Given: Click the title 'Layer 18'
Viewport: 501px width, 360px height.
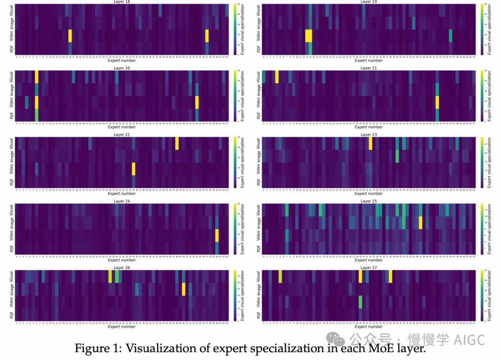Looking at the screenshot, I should tap(122, 2).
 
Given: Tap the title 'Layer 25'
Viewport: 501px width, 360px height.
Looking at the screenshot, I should tap(369, 201).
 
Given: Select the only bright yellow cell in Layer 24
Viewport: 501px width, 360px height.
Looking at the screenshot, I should tap(217, 236).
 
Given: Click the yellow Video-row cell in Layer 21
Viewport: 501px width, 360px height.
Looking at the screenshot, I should tap(437, 102).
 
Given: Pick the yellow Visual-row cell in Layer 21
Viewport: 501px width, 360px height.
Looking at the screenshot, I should tap(277, 77).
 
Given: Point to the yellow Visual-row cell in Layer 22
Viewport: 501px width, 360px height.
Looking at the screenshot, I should tap(177, 143).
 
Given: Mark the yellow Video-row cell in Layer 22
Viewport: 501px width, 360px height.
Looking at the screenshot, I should tap(134, 169).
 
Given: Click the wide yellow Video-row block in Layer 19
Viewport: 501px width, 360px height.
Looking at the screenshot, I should tap(309, 36).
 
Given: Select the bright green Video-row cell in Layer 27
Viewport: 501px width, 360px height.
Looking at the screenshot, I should tap(360, 302).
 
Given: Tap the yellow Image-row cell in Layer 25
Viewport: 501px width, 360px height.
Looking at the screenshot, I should tap(421, 223).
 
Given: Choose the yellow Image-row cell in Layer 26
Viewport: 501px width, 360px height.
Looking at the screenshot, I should tap(184, 289).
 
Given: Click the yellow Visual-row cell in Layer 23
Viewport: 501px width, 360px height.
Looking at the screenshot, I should tap(371, 143).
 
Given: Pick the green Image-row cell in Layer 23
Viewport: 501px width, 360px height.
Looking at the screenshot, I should tap(397, 156).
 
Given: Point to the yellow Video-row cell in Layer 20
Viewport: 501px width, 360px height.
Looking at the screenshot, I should tap(197, 102).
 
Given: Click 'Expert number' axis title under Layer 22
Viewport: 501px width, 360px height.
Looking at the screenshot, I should tap(122, 193).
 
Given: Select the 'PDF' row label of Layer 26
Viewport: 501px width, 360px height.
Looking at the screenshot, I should tap(12, 315).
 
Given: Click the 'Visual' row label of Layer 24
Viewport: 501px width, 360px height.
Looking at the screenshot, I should tap(12, 210).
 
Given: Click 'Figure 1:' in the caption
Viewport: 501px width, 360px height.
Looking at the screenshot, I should tap(96, 349).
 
